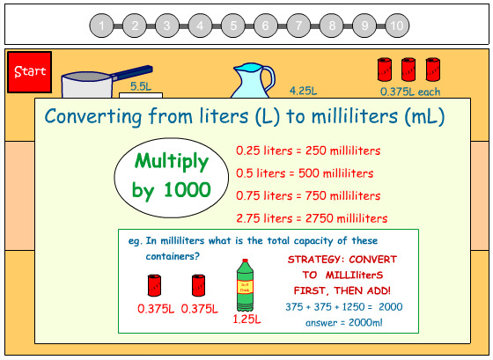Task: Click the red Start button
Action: (29, 71)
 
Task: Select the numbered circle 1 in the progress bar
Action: (102, 26)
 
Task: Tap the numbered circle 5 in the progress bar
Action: (233, 26)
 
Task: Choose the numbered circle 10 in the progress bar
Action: (396, 26)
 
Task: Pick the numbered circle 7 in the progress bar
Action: (298, 26)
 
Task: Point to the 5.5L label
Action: (141, 86)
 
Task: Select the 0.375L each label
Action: (410, 91)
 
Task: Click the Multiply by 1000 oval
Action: (171, 176)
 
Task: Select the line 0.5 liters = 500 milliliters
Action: (305, 173)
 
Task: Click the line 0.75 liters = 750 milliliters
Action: (308, 195)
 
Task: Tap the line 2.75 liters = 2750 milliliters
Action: (312, 218)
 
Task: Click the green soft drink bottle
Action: (246, 286)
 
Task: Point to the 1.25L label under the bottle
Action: (246, 320)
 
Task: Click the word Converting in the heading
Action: (93, 116)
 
